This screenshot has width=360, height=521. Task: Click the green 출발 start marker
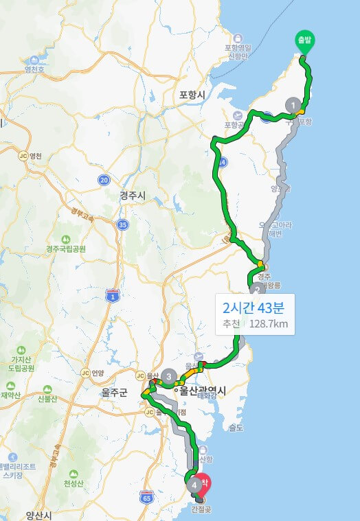coord(304,42)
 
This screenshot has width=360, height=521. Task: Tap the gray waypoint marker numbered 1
coord(294,105)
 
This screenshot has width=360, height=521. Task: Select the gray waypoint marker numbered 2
coord(257,290)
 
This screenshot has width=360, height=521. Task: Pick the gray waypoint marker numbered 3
coord(169,376)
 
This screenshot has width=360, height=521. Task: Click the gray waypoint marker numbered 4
coord(195,485)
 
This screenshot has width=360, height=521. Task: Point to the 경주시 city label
coord(133,196)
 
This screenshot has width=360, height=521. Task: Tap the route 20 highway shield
coord(104,180)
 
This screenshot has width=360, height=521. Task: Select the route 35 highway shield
coord(122,224)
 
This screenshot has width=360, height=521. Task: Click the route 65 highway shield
coord(146,496)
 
